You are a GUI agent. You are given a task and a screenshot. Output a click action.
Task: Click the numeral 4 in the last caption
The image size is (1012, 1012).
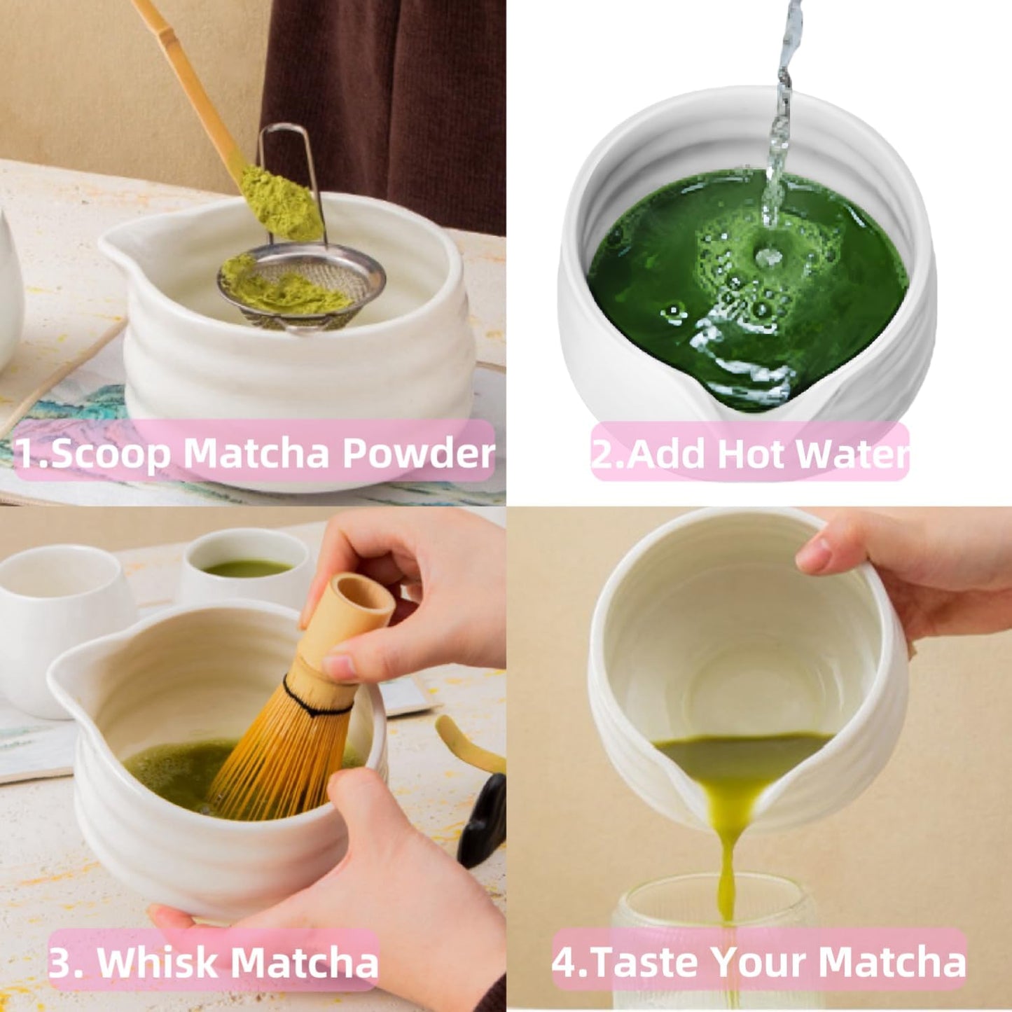pyautogui.click(x=563, y=962)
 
